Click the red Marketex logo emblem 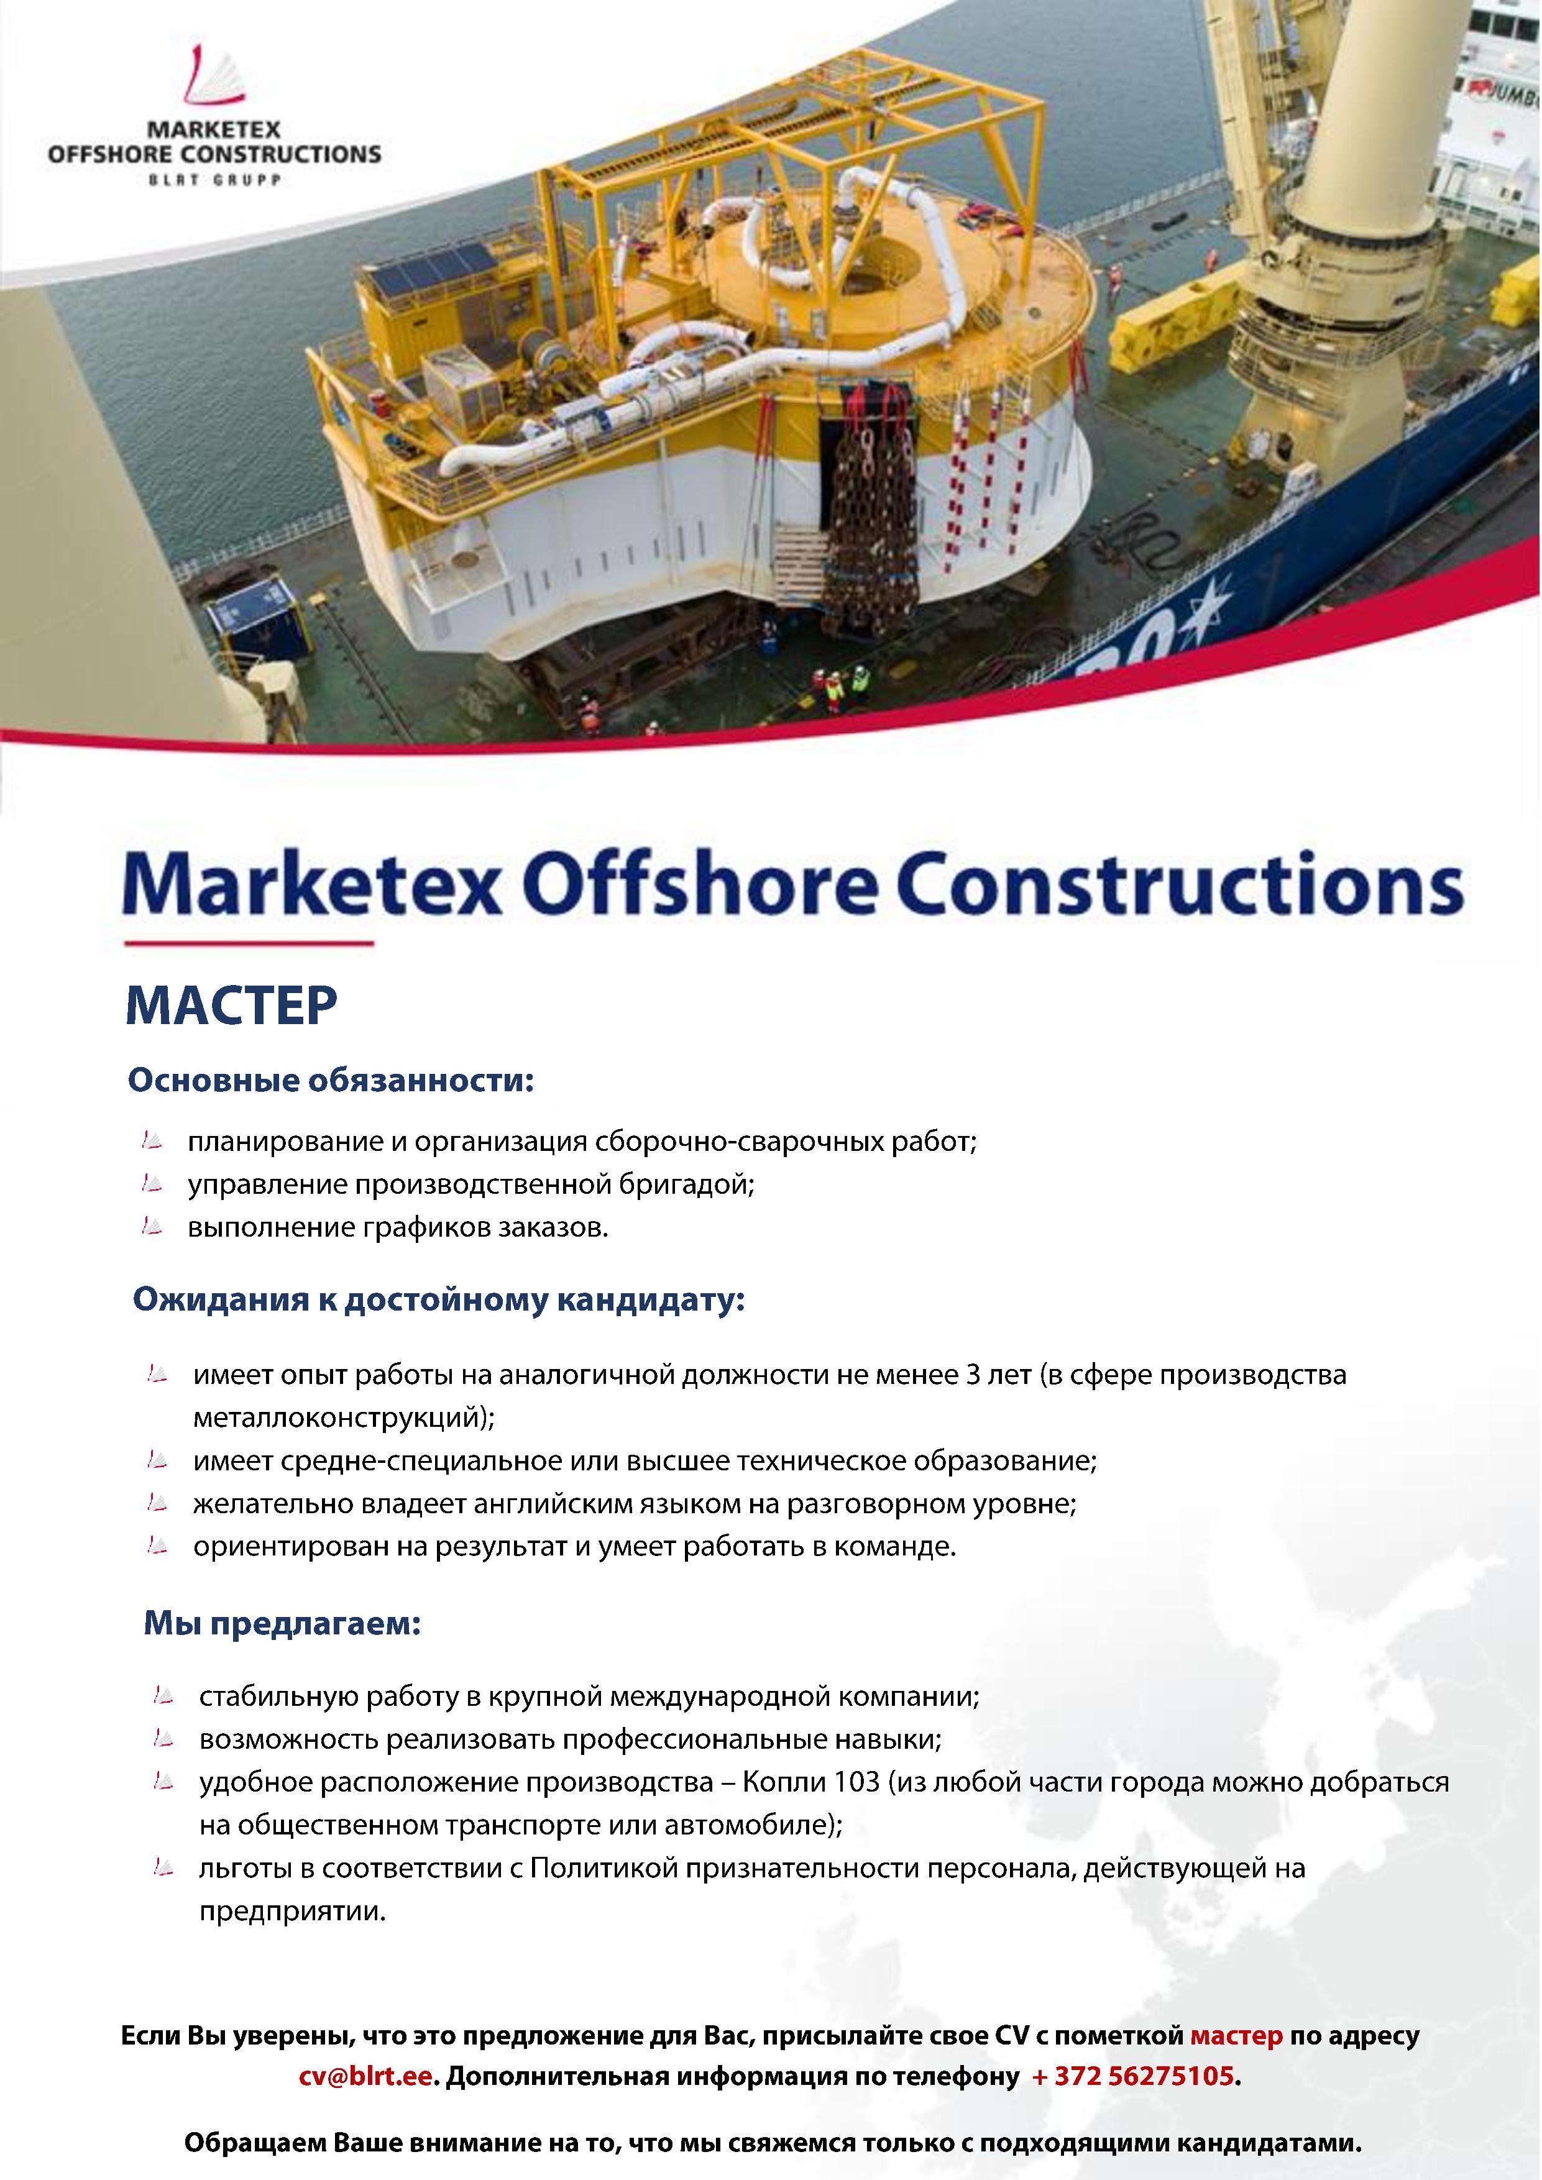[214, 76]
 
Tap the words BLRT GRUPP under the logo [214, 180]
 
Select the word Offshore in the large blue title [699, 883]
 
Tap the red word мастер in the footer [1236, 2036]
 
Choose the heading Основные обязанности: [331, 1081]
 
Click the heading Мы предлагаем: [282, 1624]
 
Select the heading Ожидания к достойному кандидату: [439, 1299]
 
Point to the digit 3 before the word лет [972, 1375]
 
